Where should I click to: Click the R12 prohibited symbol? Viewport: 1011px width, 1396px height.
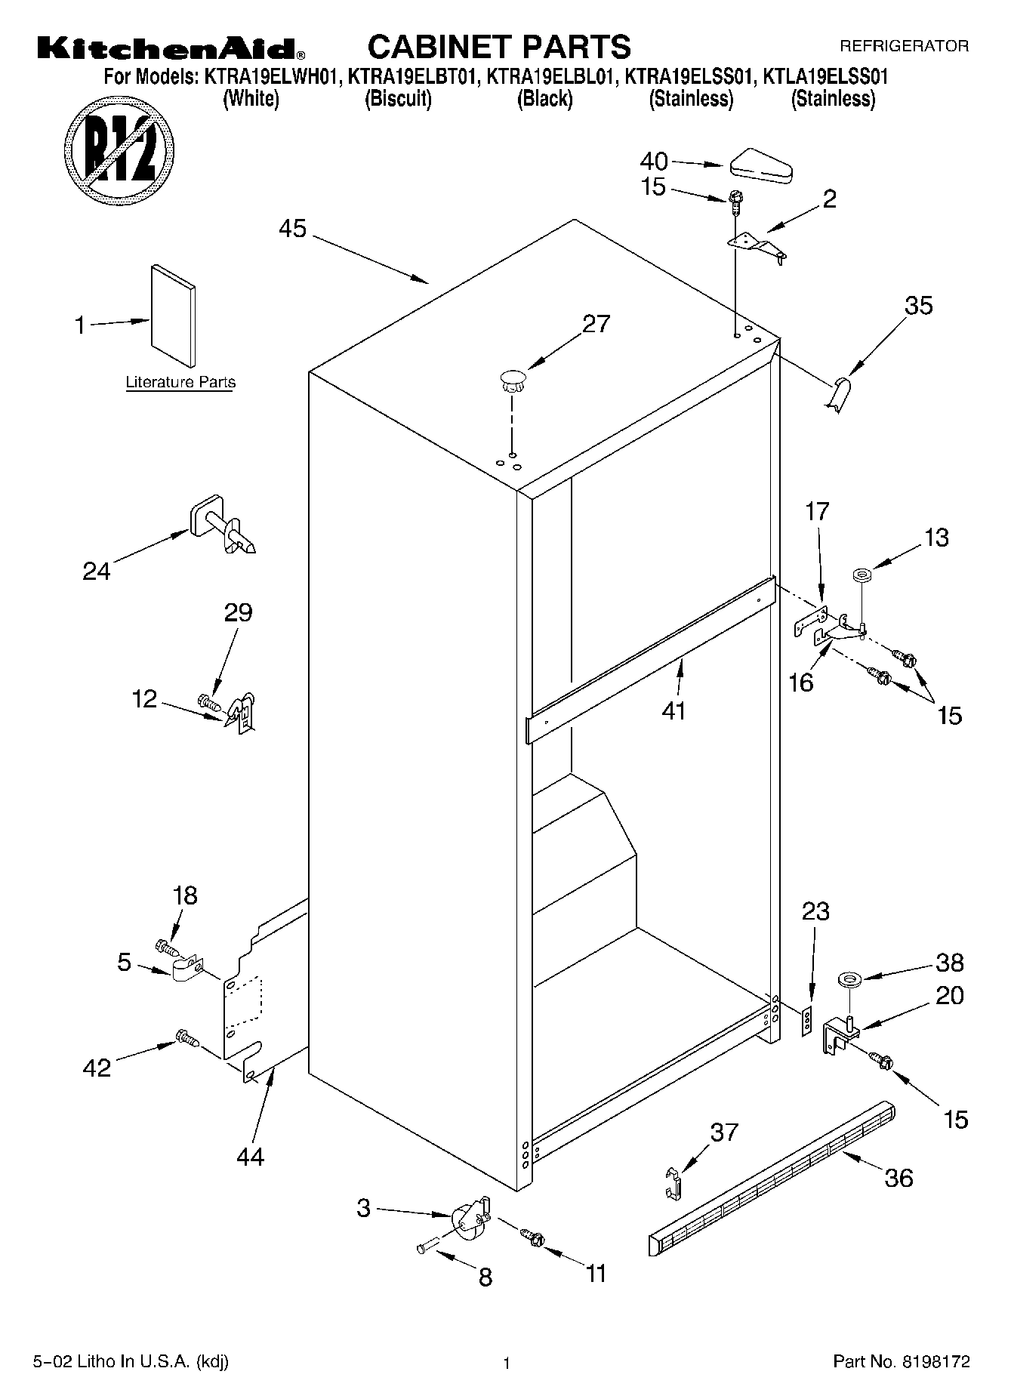click(119, 145)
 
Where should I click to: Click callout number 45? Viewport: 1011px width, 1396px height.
click(292, 228)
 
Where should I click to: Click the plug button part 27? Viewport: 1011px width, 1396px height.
click(512, 380)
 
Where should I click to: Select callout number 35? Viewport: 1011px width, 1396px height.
click(918, 306)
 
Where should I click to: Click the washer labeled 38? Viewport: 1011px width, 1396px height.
click(849, 981)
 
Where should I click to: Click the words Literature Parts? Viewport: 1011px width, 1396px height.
click(180, 383)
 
